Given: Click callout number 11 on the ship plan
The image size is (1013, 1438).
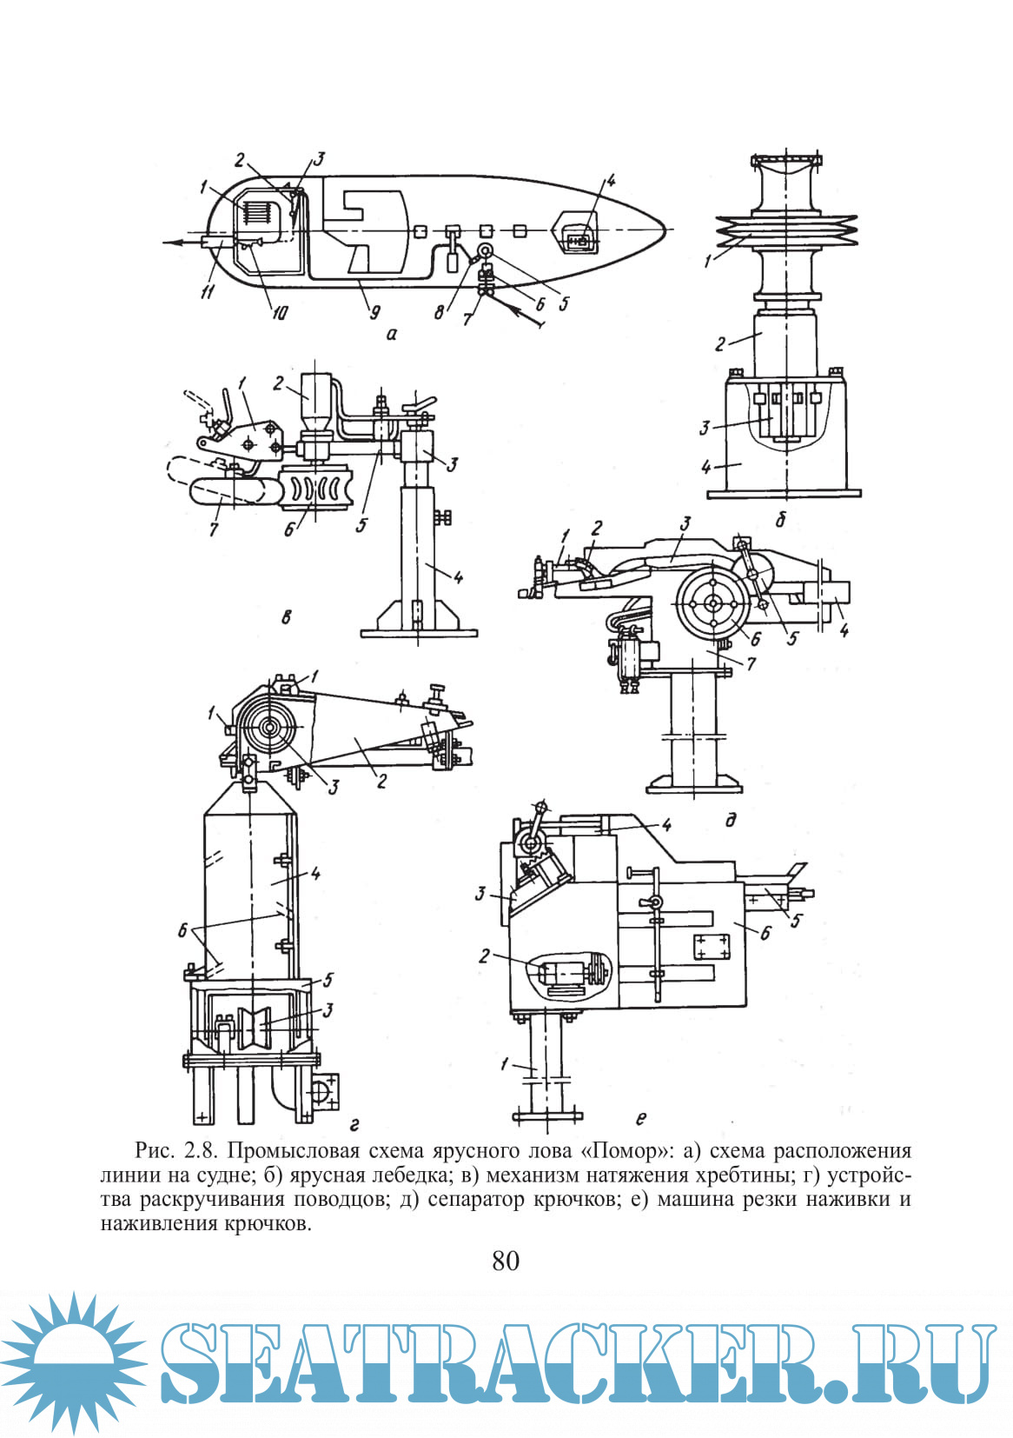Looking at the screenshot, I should point(207,293).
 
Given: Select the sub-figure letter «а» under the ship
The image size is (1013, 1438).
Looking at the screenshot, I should point(391,333).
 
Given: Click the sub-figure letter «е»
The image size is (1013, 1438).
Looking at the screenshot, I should point(641,1118).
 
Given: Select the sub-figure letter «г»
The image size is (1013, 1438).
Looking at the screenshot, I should point(354,1125).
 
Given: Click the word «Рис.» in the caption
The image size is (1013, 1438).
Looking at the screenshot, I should point(156,1151).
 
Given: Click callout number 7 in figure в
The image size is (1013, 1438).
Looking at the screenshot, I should point(215,527).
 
